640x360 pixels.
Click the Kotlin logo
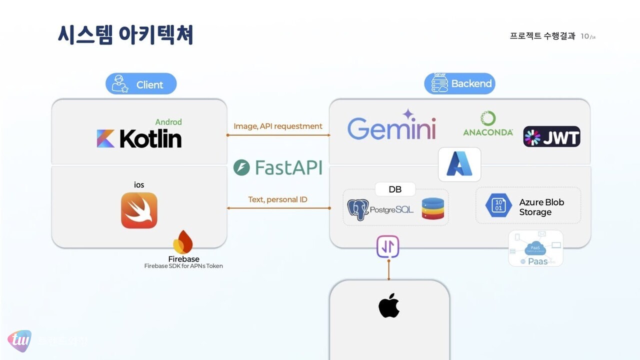139,138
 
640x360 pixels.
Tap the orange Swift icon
139,210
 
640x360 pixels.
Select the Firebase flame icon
183,242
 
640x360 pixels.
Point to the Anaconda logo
488,124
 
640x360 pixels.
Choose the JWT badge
551,136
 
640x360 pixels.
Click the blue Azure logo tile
459,164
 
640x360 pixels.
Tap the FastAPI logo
278,167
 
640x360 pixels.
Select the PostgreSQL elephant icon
358,210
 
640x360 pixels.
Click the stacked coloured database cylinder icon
432,209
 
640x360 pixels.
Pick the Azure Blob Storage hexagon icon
498,205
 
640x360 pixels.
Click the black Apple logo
389,305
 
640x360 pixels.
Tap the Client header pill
141,84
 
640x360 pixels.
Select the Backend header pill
459,83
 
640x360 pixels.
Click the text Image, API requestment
278,126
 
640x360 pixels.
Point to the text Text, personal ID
278,199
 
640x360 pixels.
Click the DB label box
395,189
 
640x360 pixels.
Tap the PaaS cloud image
535,248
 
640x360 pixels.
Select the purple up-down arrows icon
388,246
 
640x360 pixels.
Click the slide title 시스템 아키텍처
125,35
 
